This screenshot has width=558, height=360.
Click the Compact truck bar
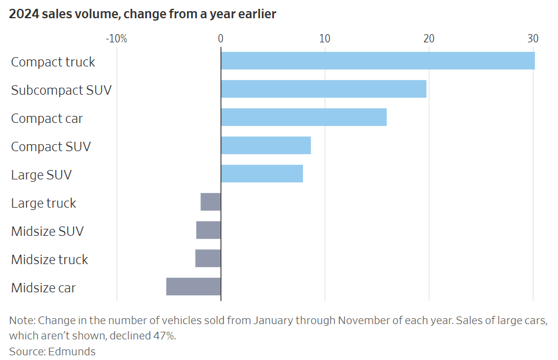pos(377,61)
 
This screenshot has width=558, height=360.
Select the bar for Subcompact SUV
pos(323,89)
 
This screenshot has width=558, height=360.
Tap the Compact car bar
pos(303,117)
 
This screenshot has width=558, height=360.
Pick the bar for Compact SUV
pos(266,145)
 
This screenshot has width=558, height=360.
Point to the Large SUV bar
pos(262,174)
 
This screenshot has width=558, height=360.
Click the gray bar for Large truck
pos(210,202)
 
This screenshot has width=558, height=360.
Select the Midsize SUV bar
pos(208,230)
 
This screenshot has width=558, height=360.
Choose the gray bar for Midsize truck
pos(208,258)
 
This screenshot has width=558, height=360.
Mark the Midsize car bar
pos(193,286)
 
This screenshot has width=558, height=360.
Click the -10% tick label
pos(116,39)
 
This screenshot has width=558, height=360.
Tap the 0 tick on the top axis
pos(220,39)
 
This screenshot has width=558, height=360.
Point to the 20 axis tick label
pos(429,39)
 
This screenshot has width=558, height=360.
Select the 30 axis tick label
pos(533,39)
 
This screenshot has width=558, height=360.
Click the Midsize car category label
pos(44,288)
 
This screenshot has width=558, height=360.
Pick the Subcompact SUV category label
pos(61,90)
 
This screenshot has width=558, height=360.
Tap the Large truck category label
pos(44,203)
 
